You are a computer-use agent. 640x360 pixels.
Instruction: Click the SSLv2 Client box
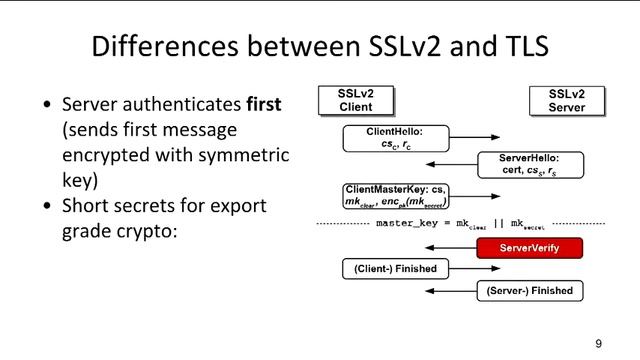click(355, 101)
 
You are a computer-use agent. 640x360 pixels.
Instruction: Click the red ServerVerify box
click(529, 247)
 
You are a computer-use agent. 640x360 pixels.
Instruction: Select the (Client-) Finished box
click(395, 269)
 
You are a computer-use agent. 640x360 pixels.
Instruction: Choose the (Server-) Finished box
click(529, 291)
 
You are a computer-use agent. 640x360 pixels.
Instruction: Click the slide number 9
click(598, 343)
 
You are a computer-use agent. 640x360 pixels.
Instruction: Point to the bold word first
click(269, 104)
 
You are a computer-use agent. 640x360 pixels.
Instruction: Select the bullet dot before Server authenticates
click(47, 105)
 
